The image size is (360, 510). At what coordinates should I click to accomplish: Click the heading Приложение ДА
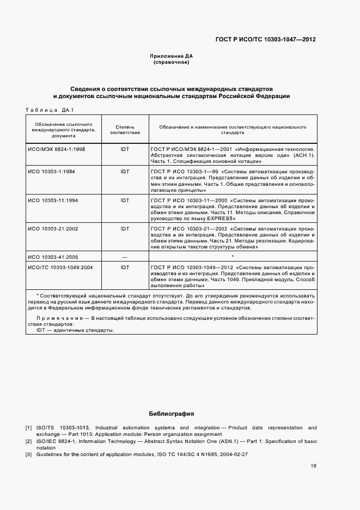(x=171, y=56)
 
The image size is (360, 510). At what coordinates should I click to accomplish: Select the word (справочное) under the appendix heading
(x=171, y=63)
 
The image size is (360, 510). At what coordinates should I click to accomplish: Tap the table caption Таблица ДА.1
(x=50, y=111)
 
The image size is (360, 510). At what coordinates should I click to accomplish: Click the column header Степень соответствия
(x=125, y=129)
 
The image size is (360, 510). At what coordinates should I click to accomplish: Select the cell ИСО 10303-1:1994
(x=52, y=172)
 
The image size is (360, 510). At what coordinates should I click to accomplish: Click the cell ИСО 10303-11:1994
(x=53, y=201)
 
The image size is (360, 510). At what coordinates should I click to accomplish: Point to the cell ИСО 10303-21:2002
(x=53, y=229)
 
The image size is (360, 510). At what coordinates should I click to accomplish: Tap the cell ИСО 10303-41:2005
(x=53, y=256)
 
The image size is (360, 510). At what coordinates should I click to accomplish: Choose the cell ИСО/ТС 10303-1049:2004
(x=60, y=268)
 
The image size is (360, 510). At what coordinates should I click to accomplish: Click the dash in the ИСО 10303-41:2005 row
(x=125, y=256)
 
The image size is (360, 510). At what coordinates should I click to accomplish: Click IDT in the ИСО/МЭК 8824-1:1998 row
(x=125, y=149)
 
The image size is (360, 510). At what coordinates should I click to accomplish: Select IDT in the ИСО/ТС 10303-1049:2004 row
(x=125, y=268)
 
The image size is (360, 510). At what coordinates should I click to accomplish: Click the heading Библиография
(x=171, y=414)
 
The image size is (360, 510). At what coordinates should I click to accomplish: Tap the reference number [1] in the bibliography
(x=28, y=428)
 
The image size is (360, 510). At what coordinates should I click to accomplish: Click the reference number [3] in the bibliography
(x=28, y=454)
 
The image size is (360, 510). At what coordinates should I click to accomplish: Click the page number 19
(x=313, y=466)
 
